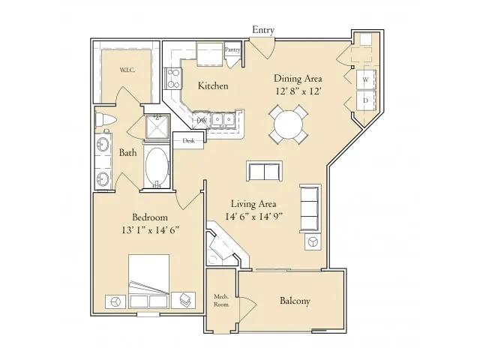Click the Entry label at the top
tap(263, 30)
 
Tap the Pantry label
tap(232, 49)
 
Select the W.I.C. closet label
tap(127, 70)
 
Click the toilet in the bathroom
tap(105, 120)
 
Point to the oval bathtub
tap(157, 166)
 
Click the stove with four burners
tap(173, 78)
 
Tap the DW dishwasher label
tap(202, 121)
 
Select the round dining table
tap(288, 124)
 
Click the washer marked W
tap(366, 79)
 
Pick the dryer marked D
tap(366, 100)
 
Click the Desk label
tap(188, 141)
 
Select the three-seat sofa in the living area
tap(310, 208)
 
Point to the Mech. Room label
tap(221, 300)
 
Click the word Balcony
tap(295, 301)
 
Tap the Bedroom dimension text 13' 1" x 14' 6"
tap(150, 230)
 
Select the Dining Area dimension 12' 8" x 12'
tap(298, 91)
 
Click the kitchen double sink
tap(223, 118)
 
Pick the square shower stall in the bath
tap(157, 127)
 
